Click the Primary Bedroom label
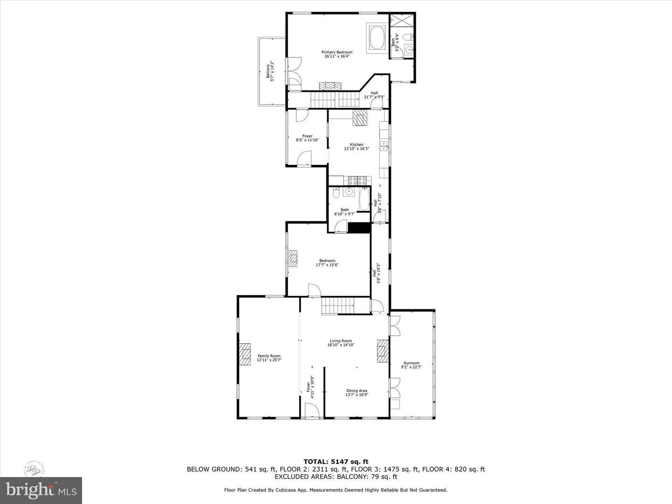click(336, 54)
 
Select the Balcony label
click(269, 72)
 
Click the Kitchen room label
click(357, 147)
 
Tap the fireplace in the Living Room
click(383, 350)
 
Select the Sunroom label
click(412, 365)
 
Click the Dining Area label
click(357, 393)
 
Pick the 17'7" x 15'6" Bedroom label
click(327, 263)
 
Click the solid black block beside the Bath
click(359, 228)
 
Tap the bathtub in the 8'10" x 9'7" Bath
click(364, 199)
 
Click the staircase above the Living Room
click(338, 306)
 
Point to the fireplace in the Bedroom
click(292, 258)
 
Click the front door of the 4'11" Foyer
click(311, 411)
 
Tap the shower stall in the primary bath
click(401, 20)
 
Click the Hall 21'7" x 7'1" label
click(374, 95)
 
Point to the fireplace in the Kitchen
click(360, 117)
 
